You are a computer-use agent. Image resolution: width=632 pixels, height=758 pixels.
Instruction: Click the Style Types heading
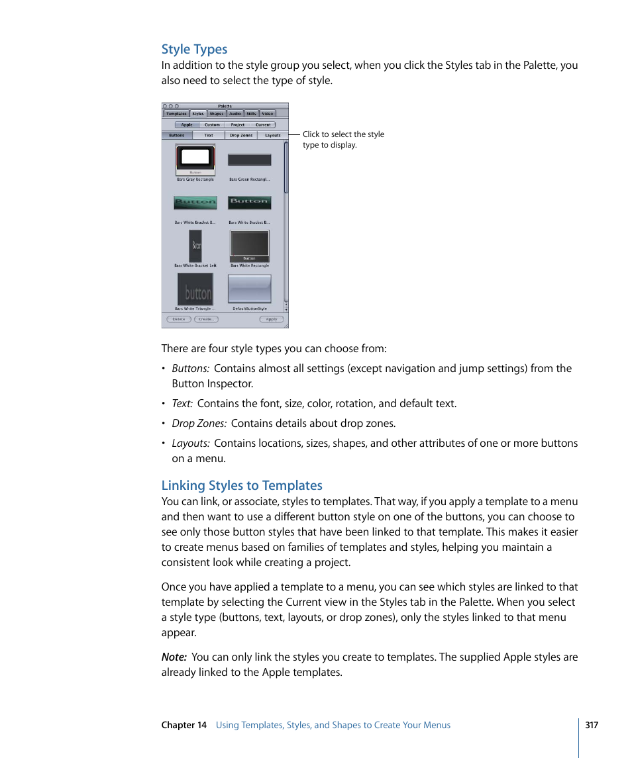tap(194, 50)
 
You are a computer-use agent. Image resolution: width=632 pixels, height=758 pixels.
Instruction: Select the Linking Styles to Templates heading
tap(242, 485)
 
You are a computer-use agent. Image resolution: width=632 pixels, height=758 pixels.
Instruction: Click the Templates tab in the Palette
tap(176, 114)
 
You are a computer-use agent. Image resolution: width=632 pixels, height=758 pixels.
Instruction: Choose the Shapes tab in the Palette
tap(217, 114)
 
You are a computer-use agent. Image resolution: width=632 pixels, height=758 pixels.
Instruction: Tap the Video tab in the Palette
tap(267, 114)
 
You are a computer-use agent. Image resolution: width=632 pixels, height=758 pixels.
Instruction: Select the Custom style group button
tap(212, 124)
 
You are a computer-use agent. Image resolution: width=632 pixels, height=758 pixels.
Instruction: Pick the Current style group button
tap(263, 124)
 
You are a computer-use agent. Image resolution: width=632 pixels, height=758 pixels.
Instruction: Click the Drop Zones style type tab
tap(240, 135)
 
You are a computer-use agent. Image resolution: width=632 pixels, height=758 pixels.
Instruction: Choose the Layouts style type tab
tap(272, 135)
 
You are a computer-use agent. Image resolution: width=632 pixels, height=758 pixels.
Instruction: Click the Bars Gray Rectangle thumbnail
tap(195, 159)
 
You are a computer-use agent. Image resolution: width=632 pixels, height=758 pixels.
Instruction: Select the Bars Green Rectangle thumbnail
tap(249, 160)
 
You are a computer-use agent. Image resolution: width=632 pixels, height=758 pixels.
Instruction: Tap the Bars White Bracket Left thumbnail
tap(195, 246)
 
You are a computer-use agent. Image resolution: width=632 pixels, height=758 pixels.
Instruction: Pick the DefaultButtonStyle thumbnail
tap(249, 289)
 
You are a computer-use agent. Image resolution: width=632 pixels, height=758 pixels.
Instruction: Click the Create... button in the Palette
tap(206, 319)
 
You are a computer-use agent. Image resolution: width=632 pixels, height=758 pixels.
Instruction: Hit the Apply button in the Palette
tap(272, 319)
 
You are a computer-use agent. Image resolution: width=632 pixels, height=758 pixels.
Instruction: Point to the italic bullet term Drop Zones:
tap(199, 424)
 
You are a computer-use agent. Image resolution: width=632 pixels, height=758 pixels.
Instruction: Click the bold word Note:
tap(174, 657)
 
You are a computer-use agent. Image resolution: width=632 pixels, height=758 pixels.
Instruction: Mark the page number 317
tap(592, 725)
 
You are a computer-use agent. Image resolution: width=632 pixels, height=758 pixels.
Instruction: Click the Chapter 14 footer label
tap(184, 725)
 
